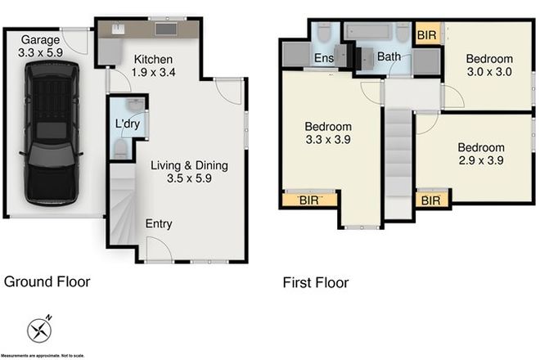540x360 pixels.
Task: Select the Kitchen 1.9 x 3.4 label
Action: tap(153, 65)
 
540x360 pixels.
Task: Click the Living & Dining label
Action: tap(189, 172)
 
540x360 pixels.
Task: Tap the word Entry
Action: tap(158, 224)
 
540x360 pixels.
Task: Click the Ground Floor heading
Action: tap(47, 281)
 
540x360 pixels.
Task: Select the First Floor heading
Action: tap(316, 283)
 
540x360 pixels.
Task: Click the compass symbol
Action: tap(39, 330)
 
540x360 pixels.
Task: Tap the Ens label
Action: tap(323, 59)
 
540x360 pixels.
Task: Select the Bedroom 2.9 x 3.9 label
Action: tap(481, 154)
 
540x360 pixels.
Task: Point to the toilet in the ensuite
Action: tap(324, 35)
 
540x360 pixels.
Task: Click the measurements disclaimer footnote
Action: tap(43, 356)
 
